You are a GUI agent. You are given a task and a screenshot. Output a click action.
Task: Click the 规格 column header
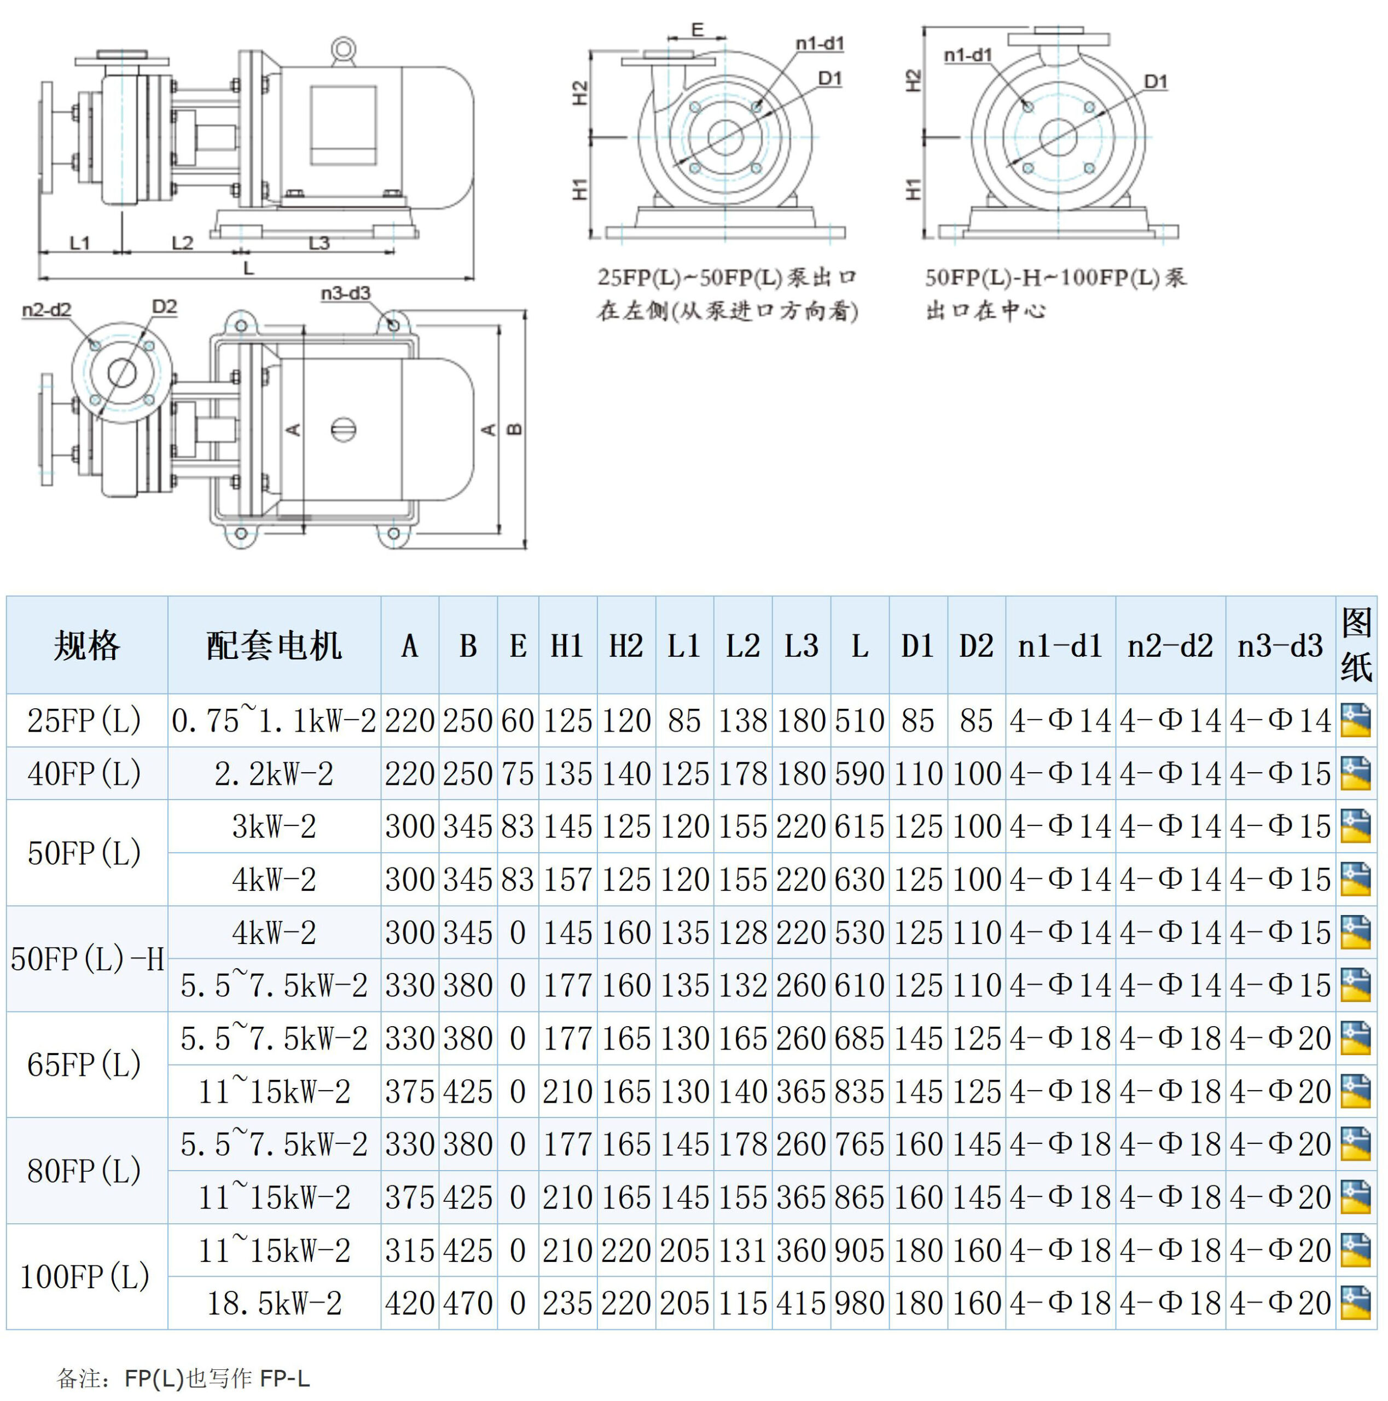point(86,645)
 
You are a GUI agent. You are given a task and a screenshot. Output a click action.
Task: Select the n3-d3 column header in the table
point(1280,645)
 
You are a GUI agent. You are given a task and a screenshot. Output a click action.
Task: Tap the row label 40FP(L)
point(84,774)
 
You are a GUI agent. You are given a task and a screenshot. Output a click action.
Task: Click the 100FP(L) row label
point(84,1276)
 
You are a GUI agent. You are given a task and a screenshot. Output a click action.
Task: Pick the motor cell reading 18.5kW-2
point(274,1303)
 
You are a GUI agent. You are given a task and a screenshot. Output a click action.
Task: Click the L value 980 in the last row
point(859,1303)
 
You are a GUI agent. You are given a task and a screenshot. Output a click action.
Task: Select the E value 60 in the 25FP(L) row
point(518,721)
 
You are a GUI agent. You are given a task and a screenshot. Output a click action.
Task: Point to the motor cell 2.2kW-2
point(274,774)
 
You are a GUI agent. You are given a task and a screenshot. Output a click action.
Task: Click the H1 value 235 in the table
point(567,1303)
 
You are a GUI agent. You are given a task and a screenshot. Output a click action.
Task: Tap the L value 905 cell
point(859,1250)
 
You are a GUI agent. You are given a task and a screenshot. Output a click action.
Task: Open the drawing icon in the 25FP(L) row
point(1355,720)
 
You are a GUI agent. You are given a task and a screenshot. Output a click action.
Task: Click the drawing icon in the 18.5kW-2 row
point(1355,1303)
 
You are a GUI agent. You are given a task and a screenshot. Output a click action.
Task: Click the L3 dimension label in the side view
point(319,242)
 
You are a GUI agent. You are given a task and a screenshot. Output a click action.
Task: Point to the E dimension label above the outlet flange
point(697,29)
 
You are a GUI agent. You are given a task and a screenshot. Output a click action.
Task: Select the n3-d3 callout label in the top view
point(346,293)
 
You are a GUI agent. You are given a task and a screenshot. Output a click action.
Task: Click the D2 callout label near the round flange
point(165,306)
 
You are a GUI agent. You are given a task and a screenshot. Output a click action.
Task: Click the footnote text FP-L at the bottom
point(285,1378)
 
